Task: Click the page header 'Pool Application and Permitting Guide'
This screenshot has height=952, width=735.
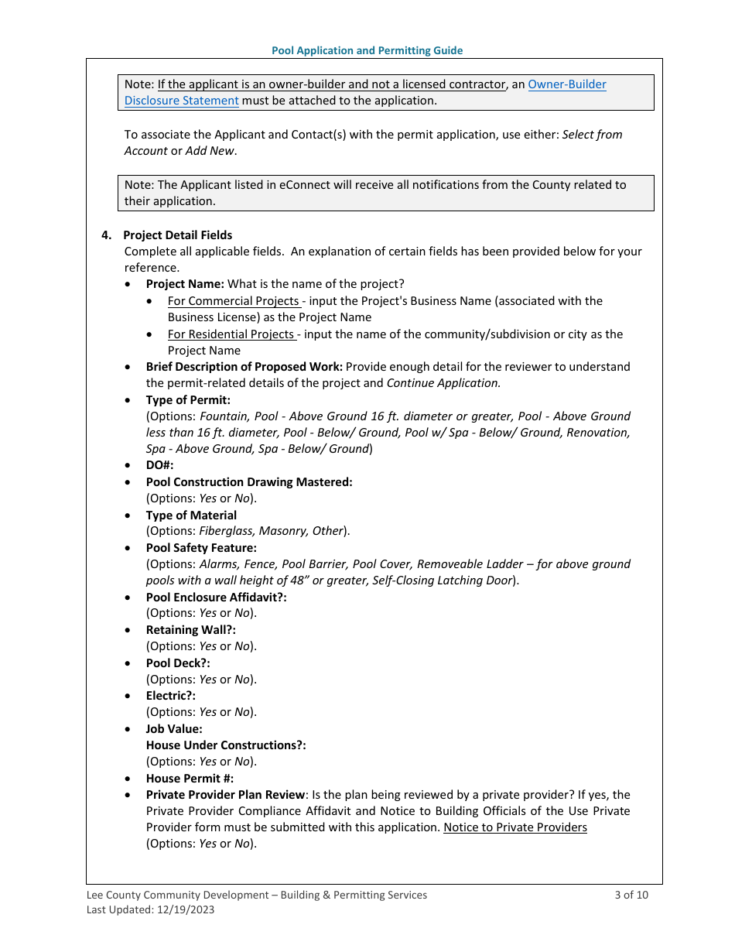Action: pyautogui.click(x=367, y=50)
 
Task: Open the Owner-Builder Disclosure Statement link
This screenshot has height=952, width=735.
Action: pyautogui.click(x=566, y=84)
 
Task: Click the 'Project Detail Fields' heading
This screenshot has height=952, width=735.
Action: pyautogui.click(x=177, y=235)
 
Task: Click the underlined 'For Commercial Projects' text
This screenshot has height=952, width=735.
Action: pyautogui.click(x=233, y=301)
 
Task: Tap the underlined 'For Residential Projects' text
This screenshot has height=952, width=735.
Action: pyautogui.click(x=231, y=334)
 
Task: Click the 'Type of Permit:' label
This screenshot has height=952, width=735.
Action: pyautogui.click(x=188, y=400)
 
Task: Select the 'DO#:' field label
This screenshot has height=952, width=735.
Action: pyautogui.click(x=159, y=465)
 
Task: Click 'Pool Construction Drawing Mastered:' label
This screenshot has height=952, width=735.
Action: pyautogui.click(x=248, y=482)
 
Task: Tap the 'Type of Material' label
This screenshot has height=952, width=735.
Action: pyautogui.click(x=191, y=515)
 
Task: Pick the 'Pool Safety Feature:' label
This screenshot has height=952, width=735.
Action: pyautogui.click(x=201, y=548)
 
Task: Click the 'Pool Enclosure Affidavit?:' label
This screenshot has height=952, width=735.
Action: pyautogui.click(x=216, y=598)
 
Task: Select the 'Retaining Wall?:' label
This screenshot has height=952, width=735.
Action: pyautogui.click(x=190, y=630)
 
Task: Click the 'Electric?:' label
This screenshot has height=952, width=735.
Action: pyautogui.click(x=170, y=696)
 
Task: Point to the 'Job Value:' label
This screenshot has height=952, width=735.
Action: pyautogui.click(x=174, y=729)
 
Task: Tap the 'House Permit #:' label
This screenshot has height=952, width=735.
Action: pyautogui.click(x=190, y=779)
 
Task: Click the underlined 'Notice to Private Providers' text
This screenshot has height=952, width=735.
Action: pyautogui.click(x=514, y=827)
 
